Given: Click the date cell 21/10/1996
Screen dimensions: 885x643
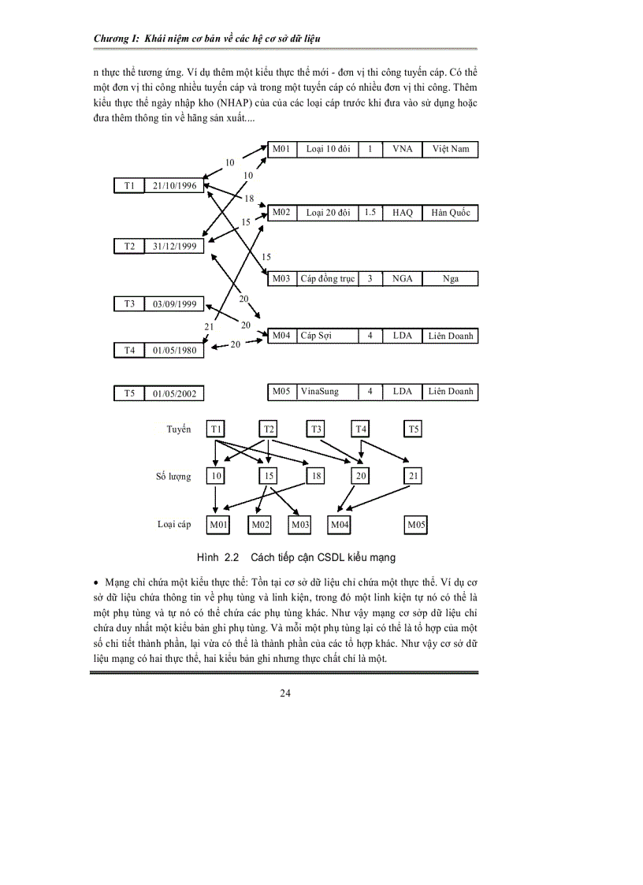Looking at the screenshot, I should point(175,185).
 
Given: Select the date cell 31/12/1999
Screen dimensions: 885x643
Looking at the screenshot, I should point(175,246).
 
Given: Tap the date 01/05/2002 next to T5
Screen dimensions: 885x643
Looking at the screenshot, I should point(175,393).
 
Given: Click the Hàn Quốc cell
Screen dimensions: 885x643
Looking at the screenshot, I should point(450,212).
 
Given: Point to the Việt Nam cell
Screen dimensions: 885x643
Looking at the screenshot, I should point(450,149).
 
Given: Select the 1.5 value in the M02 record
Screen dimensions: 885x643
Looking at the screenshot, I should point(370,212).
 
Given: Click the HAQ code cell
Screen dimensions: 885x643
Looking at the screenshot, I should point(402,212).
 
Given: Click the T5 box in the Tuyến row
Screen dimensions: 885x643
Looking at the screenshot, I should point(414,429).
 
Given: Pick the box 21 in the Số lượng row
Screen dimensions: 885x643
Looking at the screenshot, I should point(414,476).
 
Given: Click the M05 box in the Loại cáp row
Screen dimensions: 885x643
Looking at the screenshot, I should point(417,524).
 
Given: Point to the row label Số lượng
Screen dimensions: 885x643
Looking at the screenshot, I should point(173,477).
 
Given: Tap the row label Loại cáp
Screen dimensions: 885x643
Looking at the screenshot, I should point(174,524).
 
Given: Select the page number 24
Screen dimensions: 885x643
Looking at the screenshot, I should point(285,693).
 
